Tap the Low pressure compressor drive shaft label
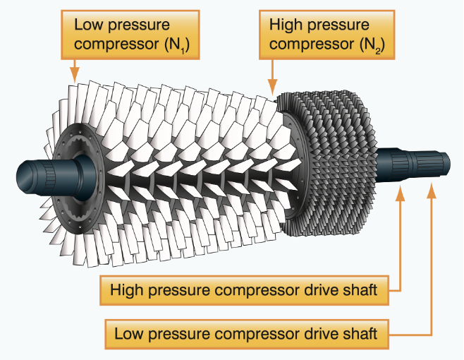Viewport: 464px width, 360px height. (246, 332)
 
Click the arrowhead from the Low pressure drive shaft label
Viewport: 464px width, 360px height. (431, 185)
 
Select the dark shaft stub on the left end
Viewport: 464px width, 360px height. (42, 174)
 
